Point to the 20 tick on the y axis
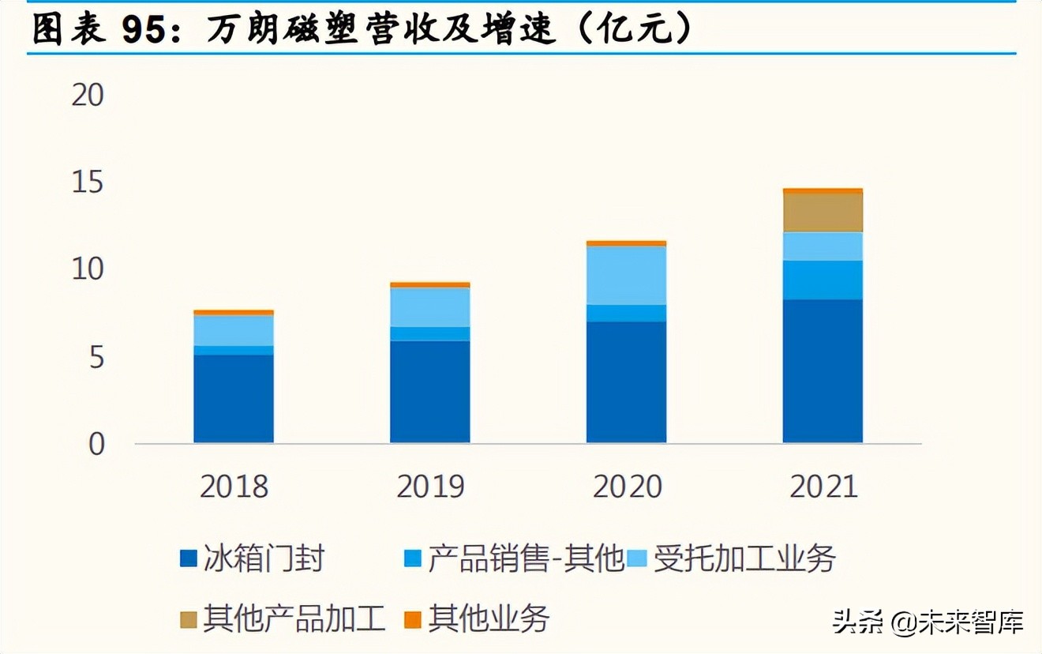tap(88, 96)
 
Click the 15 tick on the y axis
tap(88, 183)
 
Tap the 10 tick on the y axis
tap(88, 270)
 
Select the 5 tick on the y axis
tap(95, 358)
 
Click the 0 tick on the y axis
tap(96, 445)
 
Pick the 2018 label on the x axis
tap(234, 487)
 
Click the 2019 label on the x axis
tap(430, 487)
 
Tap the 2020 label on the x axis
tap(627, 487)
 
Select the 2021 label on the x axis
tap(823, 487)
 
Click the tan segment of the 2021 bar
tap(823, 212)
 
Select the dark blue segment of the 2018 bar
tap(234, 398)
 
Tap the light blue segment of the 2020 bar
tap(626, 275)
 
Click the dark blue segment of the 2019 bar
tap(430, 391)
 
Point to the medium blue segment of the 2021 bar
tap(823, 280)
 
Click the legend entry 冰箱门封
tap(253, 559)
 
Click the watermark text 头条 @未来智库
tap(928, 622)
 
